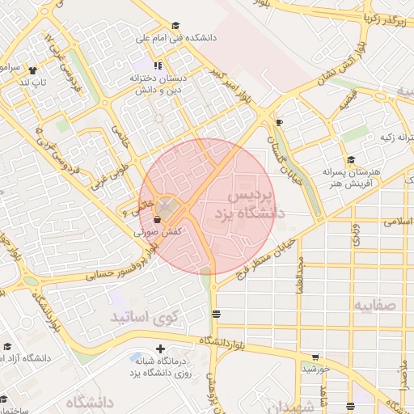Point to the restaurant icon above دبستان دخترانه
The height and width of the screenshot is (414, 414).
157,65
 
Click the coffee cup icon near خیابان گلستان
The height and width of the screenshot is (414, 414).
279,122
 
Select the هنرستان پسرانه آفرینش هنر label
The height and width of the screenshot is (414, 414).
350,176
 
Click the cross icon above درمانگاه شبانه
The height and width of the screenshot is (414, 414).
160,347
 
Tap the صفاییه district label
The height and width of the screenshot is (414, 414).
376,303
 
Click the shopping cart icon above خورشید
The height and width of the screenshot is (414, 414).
315,357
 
